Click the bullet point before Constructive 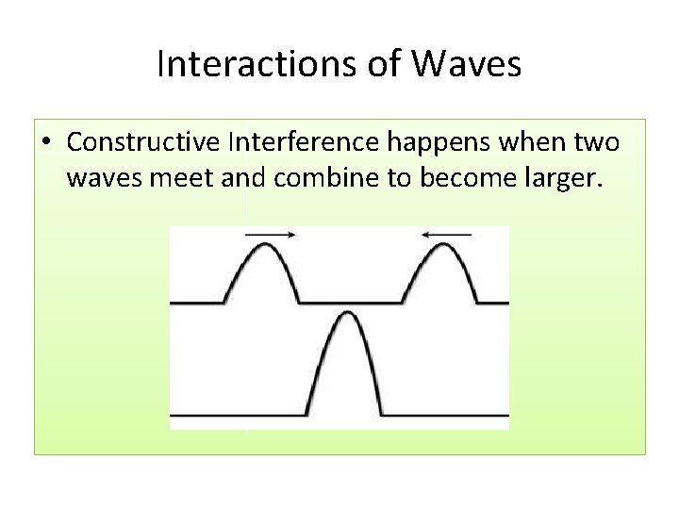pyautogui.click(x=46, y=143)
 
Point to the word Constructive pyautogui.click(x=143, y=142)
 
